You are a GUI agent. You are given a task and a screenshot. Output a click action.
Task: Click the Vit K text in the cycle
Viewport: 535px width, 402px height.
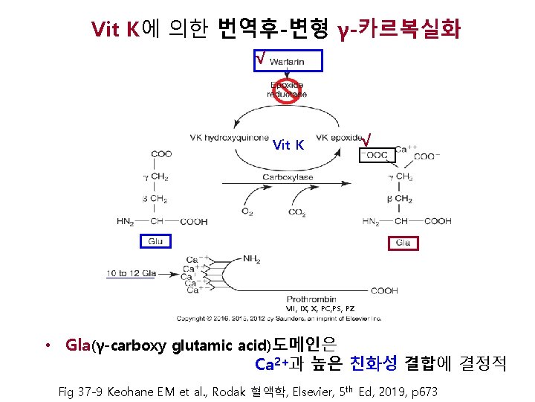(288, 144)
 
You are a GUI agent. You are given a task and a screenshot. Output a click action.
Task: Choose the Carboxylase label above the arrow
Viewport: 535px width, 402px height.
(288, 177)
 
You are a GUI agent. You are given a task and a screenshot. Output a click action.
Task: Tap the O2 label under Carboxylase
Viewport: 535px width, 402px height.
(247, 211)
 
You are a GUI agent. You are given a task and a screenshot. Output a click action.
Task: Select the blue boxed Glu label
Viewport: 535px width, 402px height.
(155, 240)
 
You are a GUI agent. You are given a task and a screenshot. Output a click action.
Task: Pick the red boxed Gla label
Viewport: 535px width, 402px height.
(403, 243)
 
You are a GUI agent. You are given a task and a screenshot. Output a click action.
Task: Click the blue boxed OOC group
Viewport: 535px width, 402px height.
(375, 155)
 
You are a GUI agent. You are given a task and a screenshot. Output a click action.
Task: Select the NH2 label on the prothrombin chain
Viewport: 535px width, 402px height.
(252, 259)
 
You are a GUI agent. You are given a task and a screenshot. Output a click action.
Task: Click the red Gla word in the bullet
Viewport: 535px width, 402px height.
(78, 345)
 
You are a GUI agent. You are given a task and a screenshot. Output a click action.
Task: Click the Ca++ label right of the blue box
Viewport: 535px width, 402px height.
(406, 149)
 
